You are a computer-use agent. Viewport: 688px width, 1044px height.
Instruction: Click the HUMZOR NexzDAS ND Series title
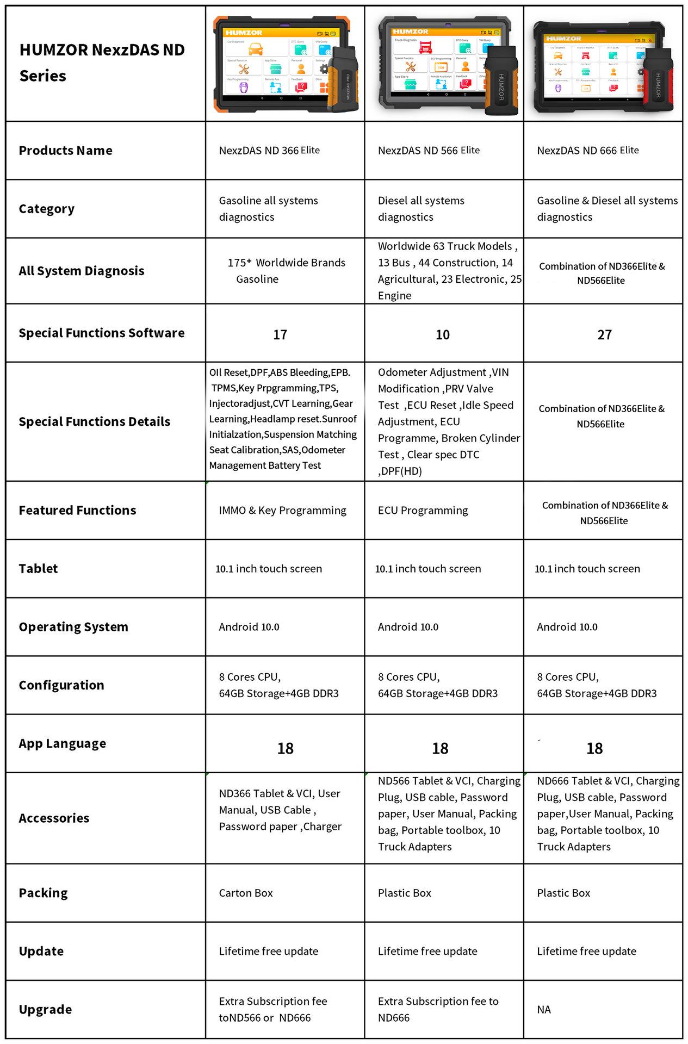[102, 63]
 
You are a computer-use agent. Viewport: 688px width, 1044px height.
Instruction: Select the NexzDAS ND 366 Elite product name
[269, 151]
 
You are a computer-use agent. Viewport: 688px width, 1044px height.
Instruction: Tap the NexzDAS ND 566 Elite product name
[429, 151]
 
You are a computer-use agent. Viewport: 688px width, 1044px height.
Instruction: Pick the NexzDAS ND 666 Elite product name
[588, 151]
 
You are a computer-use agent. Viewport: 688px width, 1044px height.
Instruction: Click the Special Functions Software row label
[102, 333]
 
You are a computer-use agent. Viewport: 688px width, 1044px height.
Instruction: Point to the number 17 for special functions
[280, 335]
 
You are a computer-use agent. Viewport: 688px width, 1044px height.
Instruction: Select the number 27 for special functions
[604, 335]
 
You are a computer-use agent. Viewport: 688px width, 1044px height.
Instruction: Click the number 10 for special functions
[443, 335]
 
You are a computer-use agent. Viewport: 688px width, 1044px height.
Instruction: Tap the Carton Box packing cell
[246, 893]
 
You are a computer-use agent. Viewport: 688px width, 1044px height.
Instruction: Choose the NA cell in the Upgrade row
[544, 1010]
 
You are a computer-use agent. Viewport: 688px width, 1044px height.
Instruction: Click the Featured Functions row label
[77, 510]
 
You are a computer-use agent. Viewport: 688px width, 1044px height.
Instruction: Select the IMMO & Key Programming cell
[282, 511]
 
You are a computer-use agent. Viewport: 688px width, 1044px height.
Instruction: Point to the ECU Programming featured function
[423, 511]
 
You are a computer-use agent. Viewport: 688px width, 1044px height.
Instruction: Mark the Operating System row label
[73, 627]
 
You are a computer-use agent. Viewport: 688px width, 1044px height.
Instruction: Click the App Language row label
[63, 743]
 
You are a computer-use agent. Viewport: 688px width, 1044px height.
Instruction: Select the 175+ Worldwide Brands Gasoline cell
[286, 271]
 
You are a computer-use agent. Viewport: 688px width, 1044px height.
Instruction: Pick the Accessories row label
[54, 818]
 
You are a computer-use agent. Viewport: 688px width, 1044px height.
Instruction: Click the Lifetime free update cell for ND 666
[586, 951]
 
